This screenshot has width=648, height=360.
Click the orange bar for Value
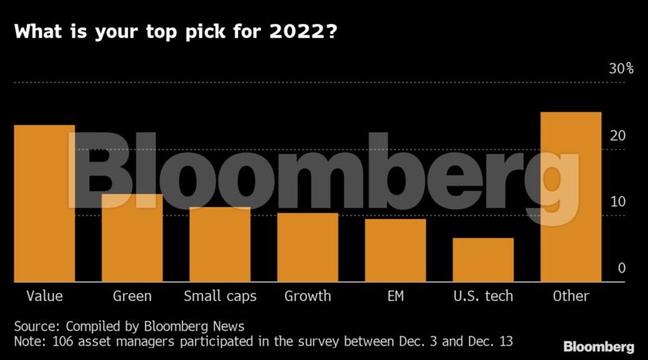[45, 203]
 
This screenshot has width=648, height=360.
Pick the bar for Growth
[307, 247]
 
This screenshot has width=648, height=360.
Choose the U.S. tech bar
[483, 260]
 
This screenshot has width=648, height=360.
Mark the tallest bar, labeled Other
[571, 197]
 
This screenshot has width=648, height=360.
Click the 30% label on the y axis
[621, 69]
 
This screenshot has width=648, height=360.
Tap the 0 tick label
[622, 269]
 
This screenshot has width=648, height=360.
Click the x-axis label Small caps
[220, 296]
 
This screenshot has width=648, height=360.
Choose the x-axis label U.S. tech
[483, 296]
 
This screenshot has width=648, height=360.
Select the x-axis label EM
[395, 296]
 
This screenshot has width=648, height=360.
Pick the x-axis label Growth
[307, 296]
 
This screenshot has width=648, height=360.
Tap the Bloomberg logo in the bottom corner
[599, 346]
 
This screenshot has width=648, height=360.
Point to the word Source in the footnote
[37, 327]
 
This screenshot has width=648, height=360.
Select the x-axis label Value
[45, 296]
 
